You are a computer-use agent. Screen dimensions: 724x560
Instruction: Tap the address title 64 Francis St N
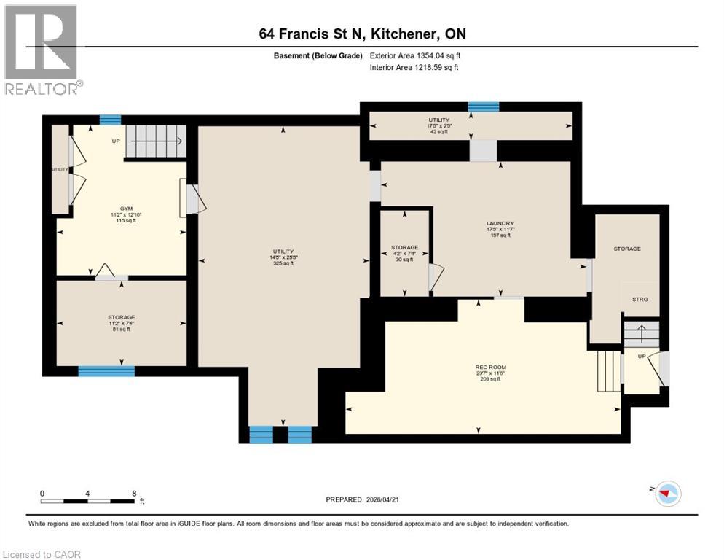click(x=361, y=34)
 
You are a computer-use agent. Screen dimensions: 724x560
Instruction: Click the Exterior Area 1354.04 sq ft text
click(x=415, y=55)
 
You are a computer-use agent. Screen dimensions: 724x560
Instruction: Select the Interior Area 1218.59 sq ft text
click(x=414, y=68)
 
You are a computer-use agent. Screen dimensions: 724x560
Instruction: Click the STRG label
click(x=640, y=300)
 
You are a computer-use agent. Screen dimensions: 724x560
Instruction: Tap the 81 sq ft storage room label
click(x=122, y=323)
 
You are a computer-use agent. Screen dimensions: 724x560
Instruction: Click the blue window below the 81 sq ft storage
click(x=106, y=371)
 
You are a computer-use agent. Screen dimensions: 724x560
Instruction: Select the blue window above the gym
click(x=110, y=120)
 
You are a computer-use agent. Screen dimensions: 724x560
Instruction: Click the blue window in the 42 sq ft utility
click(x=484, y=107)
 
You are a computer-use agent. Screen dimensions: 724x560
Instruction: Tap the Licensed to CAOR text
click(x=42, y=554)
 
